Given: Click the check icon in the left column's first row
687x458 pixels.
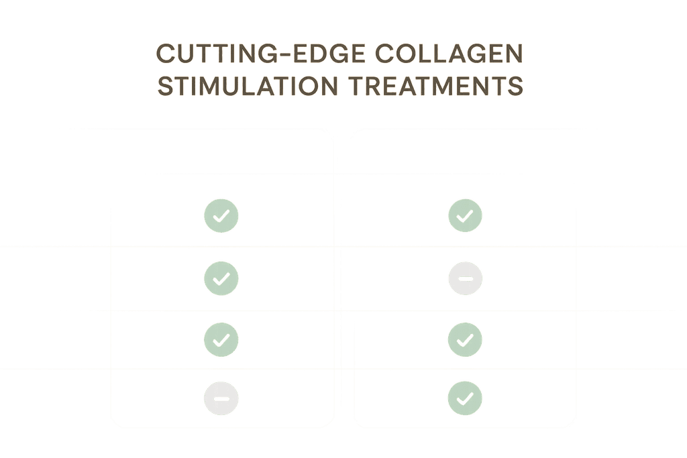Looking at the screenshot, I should click(x=221, y=215).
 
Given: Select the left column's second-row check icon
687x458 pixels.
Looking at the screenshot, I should click(x=221, y=277).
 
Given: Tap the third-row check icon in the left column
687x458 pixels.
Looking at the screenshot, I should click(x=221, y=339).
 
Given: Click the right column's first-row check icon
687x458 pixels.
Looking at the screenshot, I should click(x=465, y=215).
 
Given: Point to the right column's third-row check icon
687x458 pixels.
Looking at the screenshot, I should click(x=465, y=339).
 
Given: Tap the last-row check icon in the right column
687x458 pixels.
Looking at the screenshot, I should click(x=465, y=398).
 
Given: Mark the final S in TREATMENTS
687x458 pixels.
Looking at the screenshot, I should click(x=515, y=87).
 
